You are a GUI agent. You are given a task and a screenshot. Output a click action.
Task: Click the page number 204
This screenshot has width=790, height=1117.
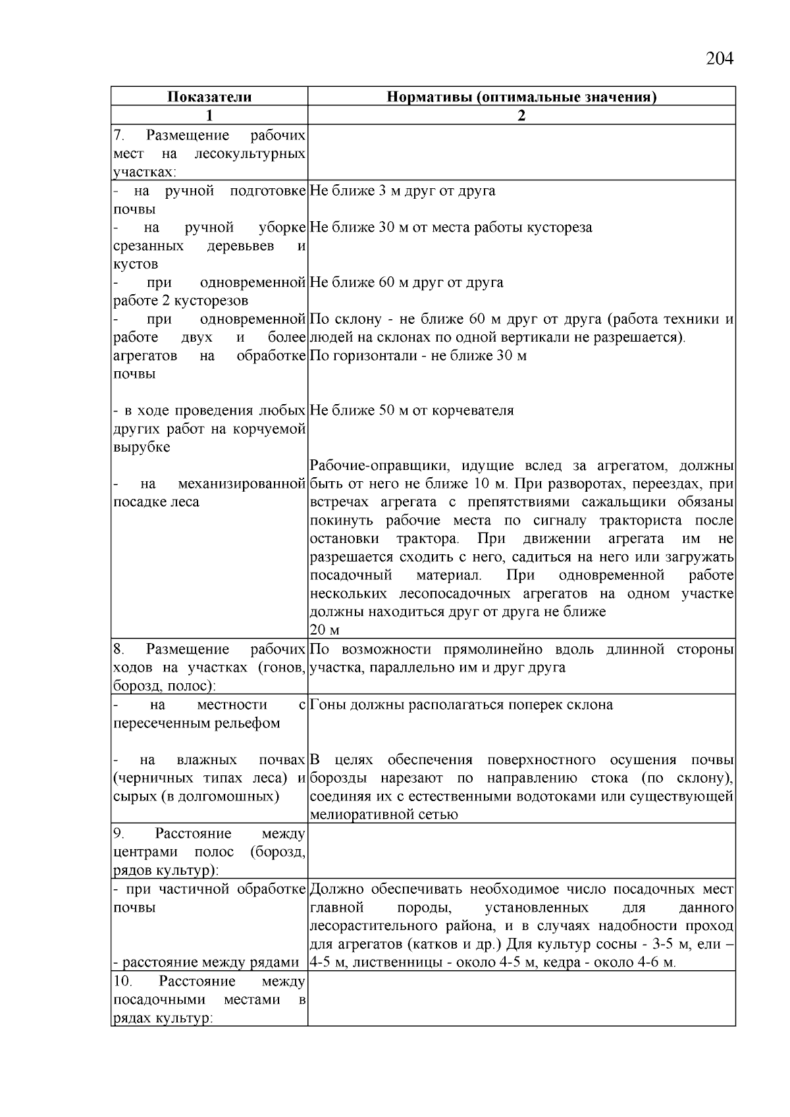719,59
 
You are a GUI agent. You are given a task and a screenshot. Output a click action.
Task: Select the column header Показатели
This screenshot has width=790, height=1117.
209,97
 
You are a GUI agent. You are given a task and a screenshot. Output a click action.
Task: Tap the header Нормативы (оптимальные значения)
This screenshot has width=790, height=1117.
521,97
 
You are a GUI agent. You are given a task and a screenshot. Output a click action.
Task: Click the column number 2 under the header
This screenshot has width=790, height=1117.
521,115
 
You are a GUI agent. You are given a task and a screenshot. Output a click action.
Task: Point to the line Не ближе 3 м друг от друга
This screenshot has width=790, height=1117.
402,191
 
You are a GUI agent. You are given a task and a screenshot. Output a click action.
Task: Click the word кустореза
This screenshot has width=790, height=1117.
562,228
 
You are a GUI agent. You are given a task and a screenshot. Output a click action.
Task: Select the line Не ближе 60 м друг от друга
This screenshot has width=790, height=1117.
406,283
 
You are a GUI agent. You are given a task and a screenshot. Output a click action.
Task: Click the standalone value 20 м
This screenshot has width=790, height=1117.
324,630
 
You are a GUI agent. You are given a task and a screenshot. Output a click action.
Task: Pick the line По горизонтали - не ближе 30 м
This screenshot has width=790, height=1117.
418,356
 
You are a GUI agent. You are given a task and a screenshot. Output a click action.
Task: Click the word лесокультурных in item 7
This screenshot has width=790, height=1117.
250,154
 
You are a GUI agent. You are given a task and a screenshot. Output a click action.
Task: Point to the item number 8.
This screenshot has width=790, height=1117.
118,650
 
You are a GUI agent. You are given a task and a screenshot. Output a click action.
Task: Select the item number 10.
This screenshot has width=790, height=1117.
122,981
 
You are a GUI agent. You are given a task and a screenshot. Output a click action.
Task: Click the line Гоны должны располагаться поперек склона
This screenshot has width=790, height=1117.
461,705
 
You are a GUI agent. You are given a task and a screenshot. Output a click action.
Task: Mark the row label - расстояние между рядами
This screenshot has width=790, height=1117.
206,962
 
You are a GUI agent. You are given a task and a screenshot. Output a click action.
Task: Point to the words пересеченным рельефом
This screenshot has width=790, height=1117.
197,723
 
